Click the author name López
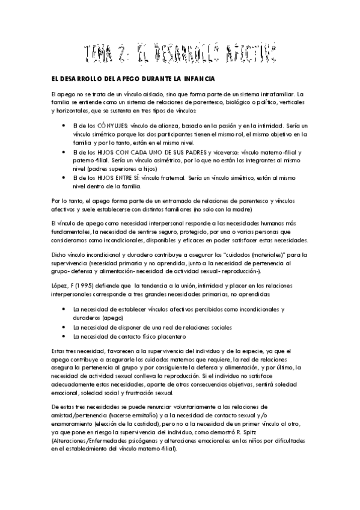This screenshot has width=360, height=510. click(x=61, y=284)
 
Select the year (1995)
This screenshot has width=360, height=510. click(x=89, y=284)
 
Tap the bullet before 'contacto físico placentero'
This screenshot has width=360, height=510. click(x=64, y=336)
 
